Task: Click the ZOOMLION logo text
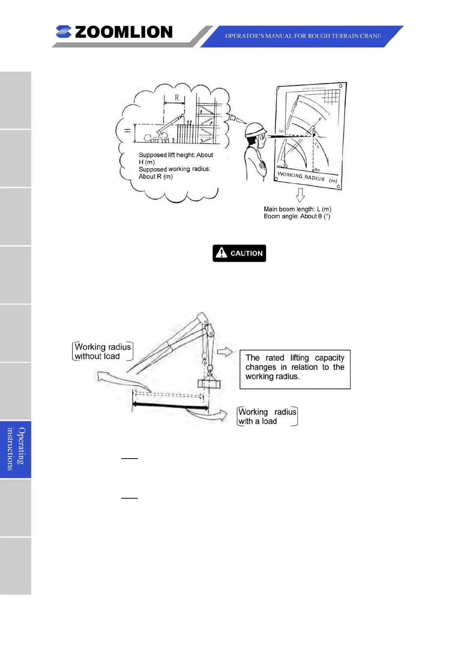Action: point(123,32)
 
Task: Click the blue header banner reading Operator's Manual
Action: point(302,36)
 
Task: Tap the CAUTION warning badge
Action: point(239,253)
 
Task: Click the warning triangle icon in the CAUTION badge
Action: point(221,253)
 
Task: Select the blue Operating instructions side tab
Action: point(16,449)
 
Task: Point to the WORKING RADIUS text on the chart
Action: point(301,176)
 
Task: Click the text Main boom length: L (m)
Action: point(297,209)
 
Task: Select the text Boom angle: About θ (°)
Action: point(297,217)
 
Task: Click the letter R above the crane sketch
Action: point(177,98)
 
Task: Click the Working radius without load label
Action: point(102,352)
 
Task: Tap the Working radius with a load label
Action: point(267,417)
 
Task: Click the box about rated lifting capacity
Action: point(295,369)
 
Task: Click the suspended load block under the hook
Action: point(209,384)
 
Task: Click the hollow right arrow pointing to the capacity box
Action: point(225,352)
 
